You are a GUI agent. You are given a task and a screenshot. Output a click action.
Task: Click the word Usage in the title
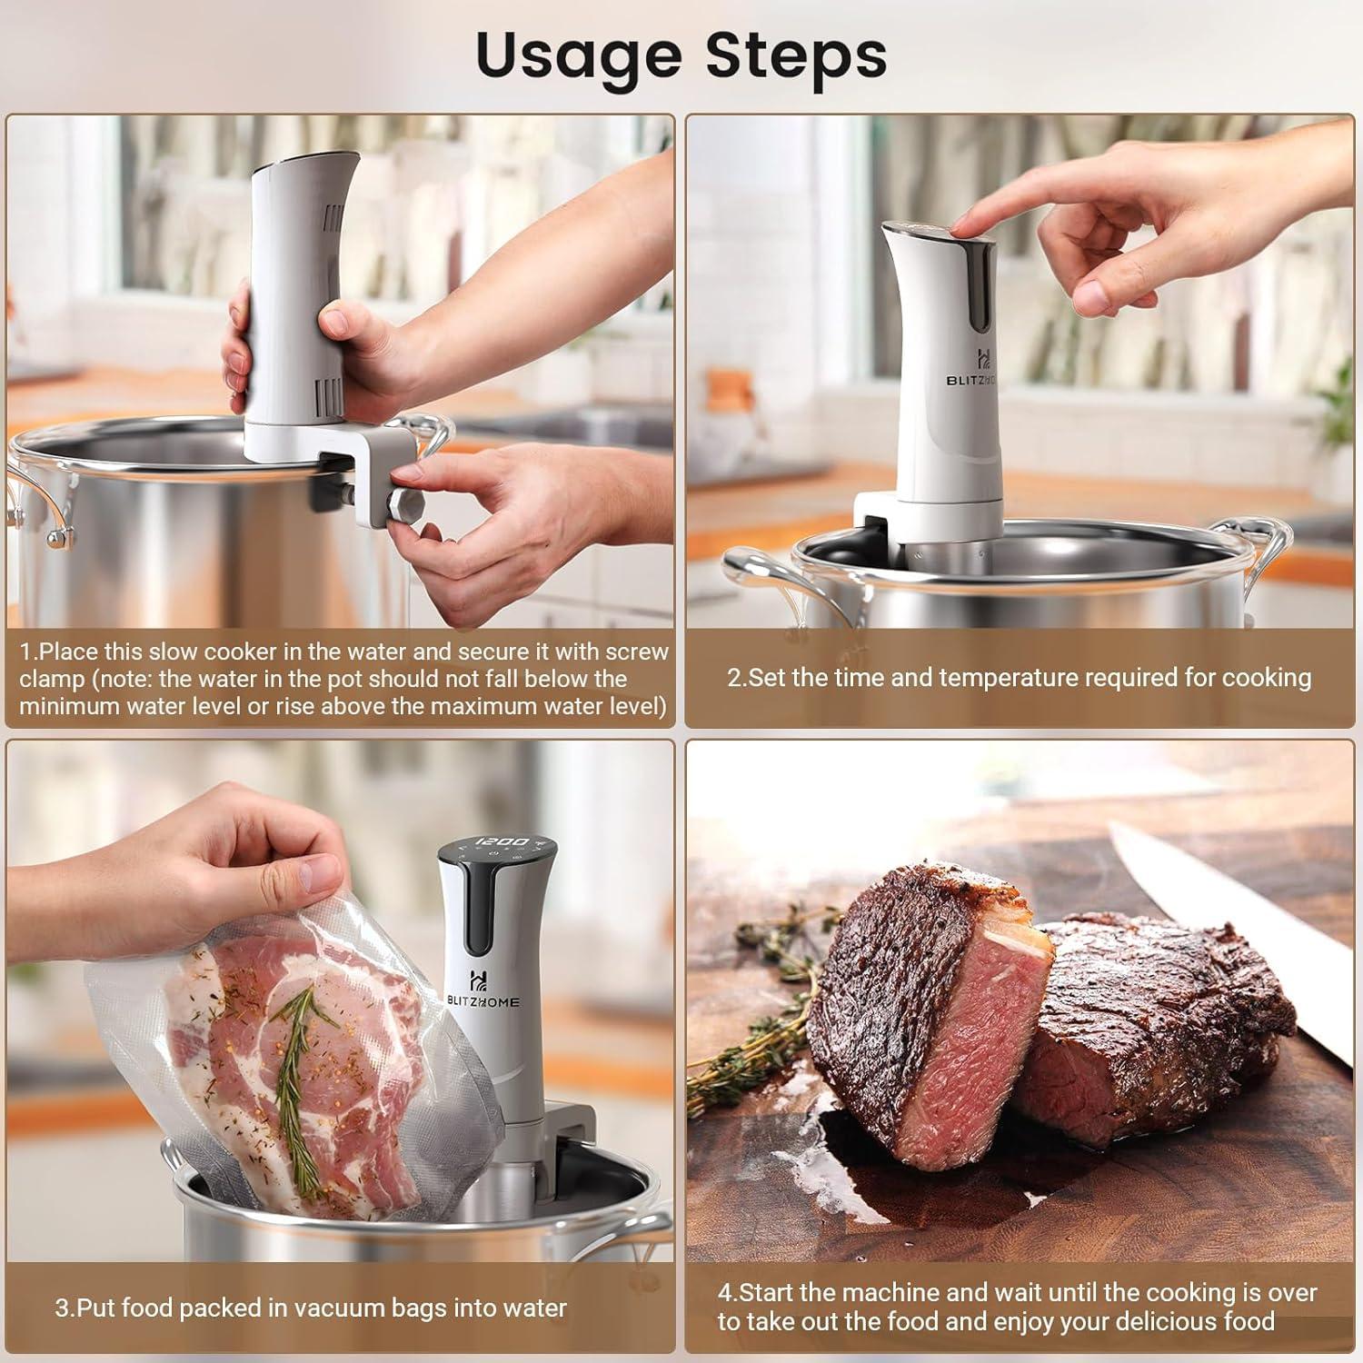click(x=578, y=56)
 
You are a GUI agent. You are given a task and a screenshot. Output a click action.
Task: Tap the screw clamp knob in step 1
click(x=402, y=505)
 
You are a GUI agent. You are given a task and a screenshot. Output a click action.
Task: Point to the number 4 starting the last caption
click(x=724, y=1293)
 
